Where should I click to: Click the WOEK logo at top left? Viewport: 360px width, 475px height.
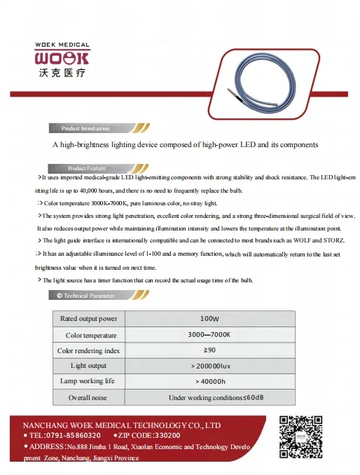click(x=62, y=55)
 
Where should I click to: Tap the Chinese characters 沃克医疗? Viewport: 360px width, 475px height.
click(x=62, y=72)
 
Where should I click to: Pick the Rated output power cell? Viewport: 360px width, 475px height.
click(x=88, y=319)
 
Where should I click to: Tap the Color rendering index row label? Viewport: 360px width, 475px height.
click(x=88, y=350)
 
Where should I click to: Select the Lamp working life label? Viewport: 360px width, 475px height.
click(x=88, y=382)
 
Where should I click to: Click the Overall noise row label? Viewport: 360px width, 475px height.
click(x=88, y=398)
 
